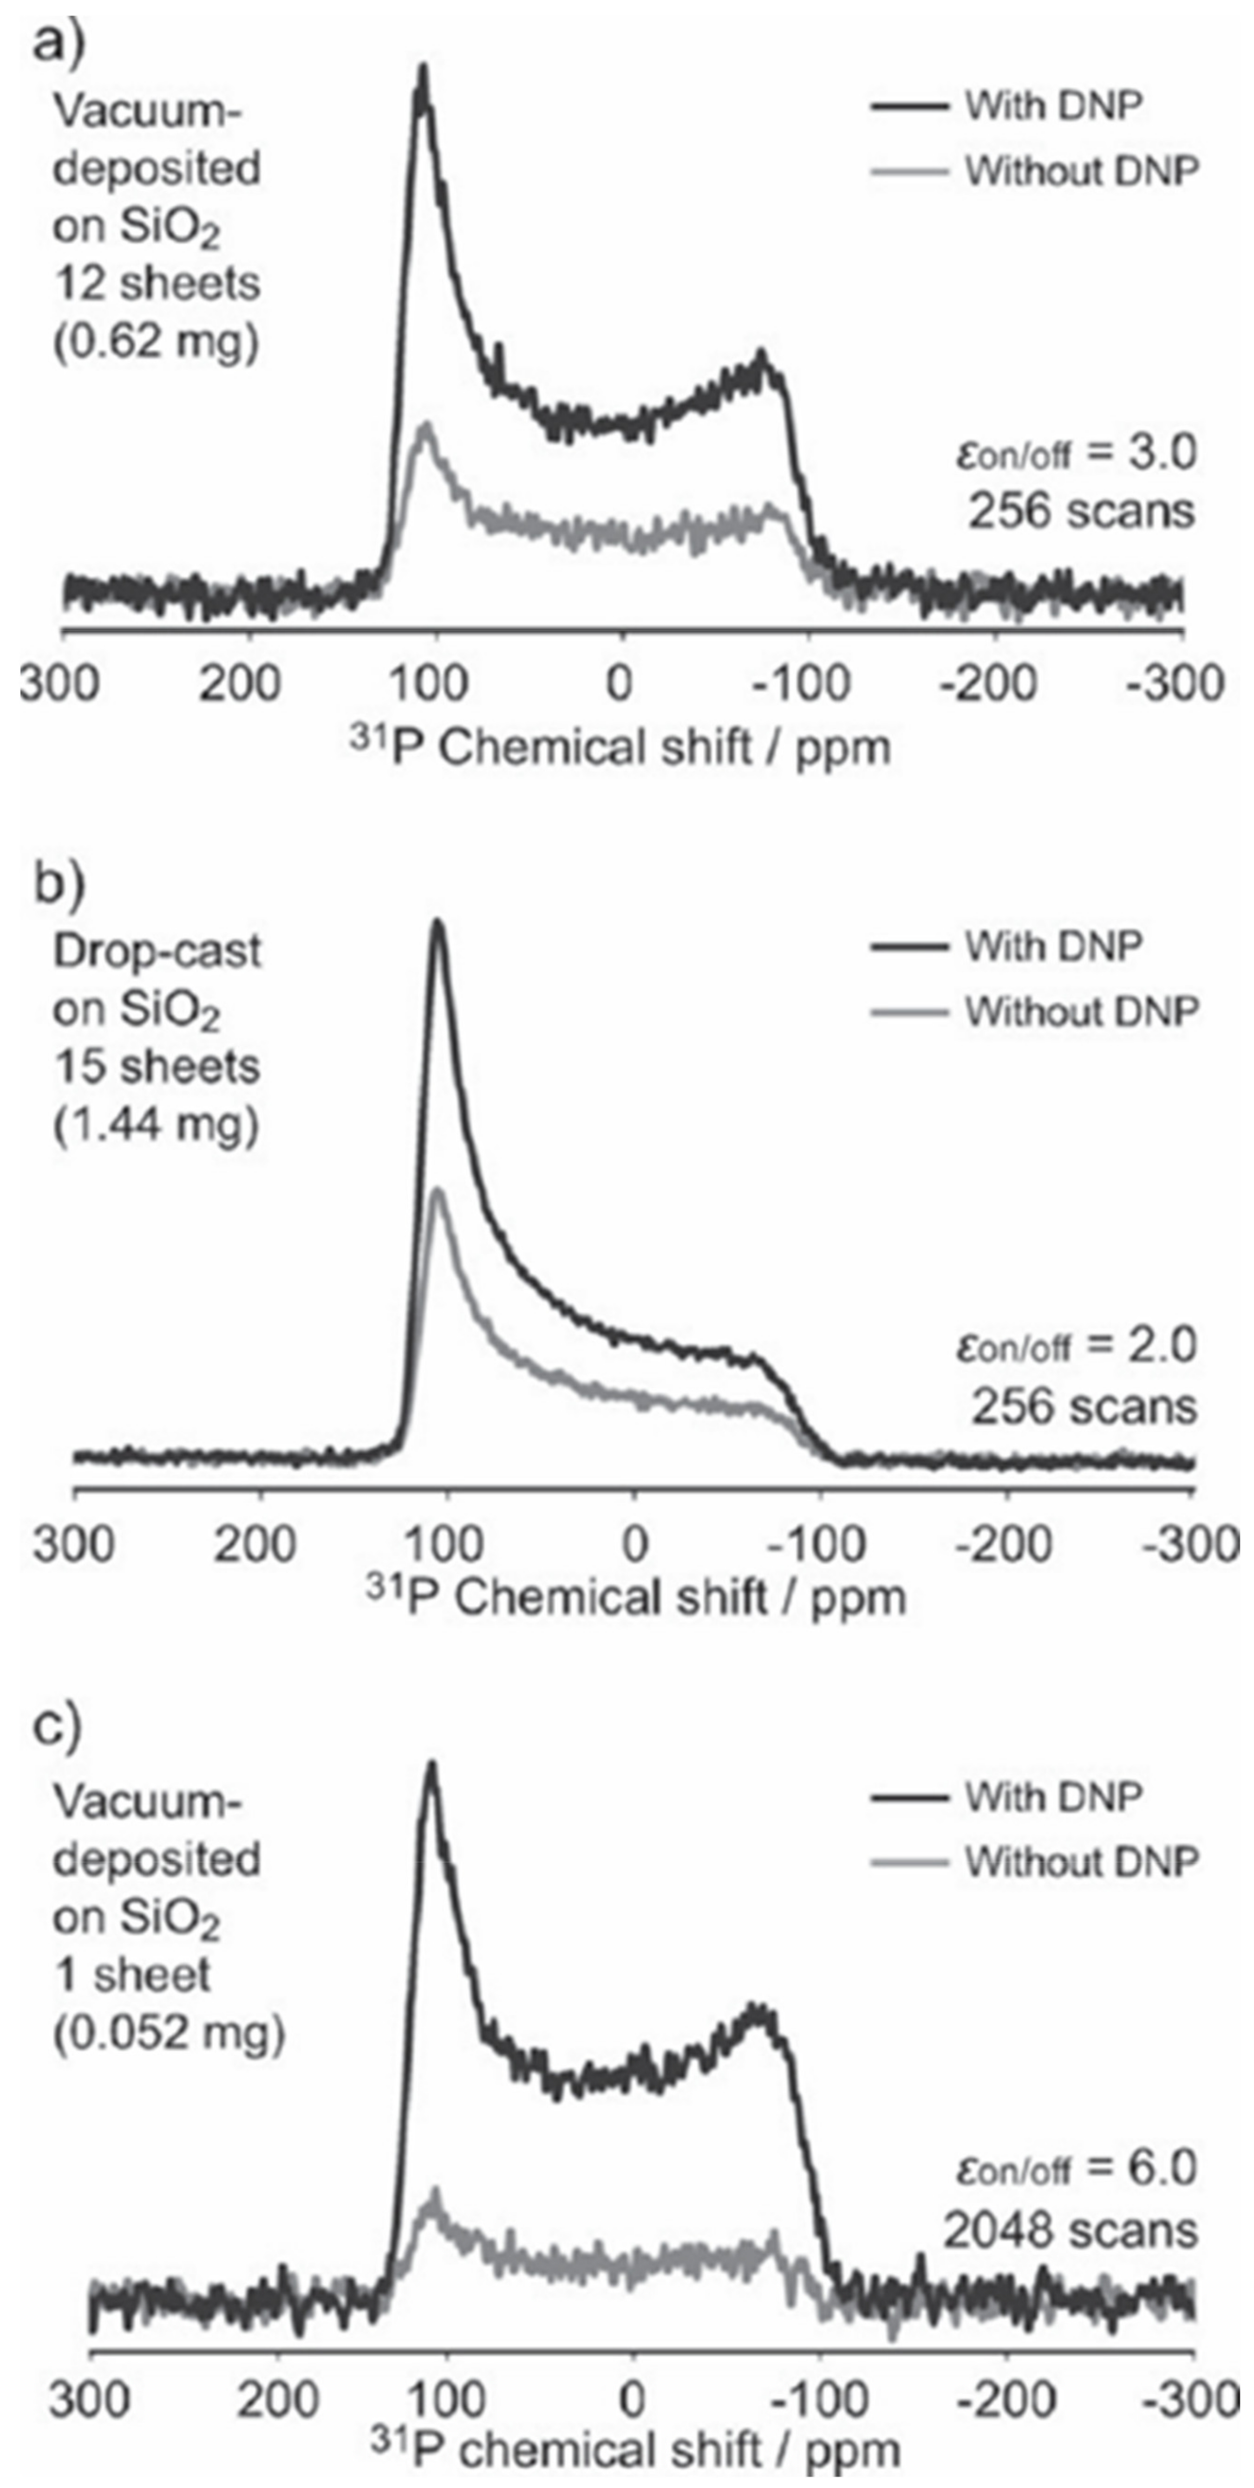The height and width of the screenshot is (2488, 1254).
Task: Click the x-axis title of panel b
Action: point(636,1598)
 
